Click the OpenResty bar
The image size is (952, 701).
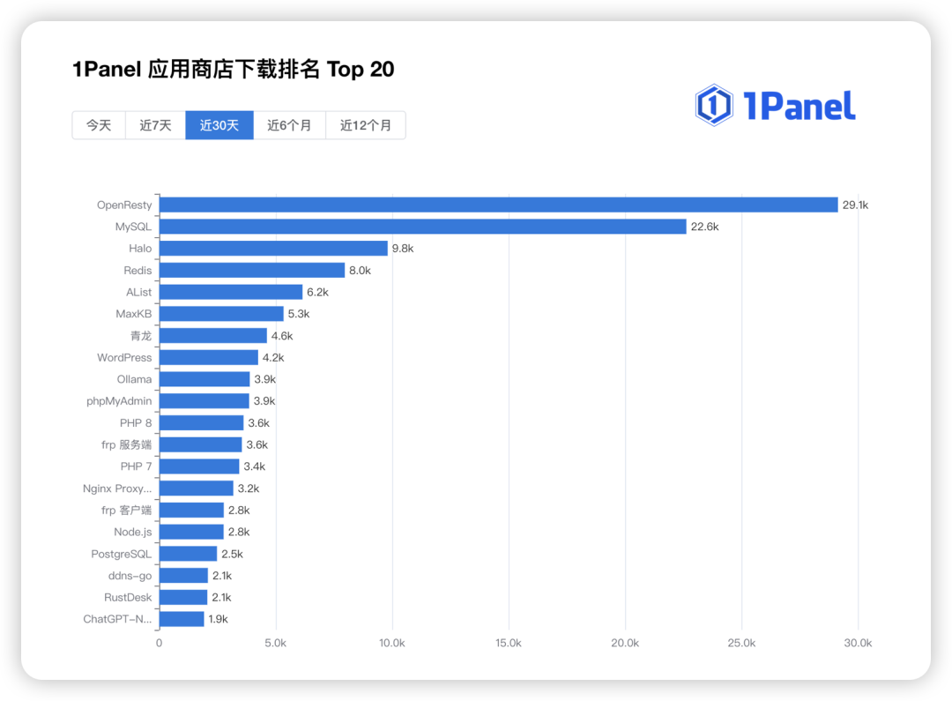coord(498,205)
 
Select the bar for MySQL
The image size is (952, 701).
coord(422,227)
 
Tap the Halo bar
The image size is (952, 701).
coord(273,249)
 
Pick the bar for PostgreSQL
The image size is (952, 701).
coord(188,554)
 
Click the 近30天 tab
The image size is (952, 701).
coord(219,125)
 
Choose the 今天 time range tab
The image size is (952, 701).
coord(99,125)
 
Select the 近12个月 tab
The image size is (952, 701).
coord(366,125)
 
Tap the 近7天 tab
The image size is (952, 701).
coord(155,125)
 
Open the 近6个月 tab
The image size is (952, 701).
coord(289,125)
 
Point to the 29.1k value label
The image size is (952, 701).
coord(855,205)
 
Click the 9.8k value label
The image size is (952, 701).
coord(403,249)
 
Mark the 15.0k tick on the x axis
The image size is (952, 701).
coord(509,643)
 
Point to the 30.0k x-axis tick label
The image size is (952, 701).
coord(858,643)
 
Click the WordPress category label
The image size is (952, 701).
coord(124,357)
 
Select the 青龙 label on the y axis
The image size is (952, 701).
coord(140,336)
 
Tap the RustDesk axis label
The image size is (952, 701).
coord(128,597)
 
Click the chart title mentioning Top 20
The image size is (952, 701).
coord(234,70)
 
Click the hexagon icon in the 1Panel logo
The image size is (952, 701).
coord(713,106)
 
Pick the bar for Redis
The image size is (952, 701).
coord(252,270)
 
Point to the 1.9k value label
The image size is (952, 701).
coord(218,619)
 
